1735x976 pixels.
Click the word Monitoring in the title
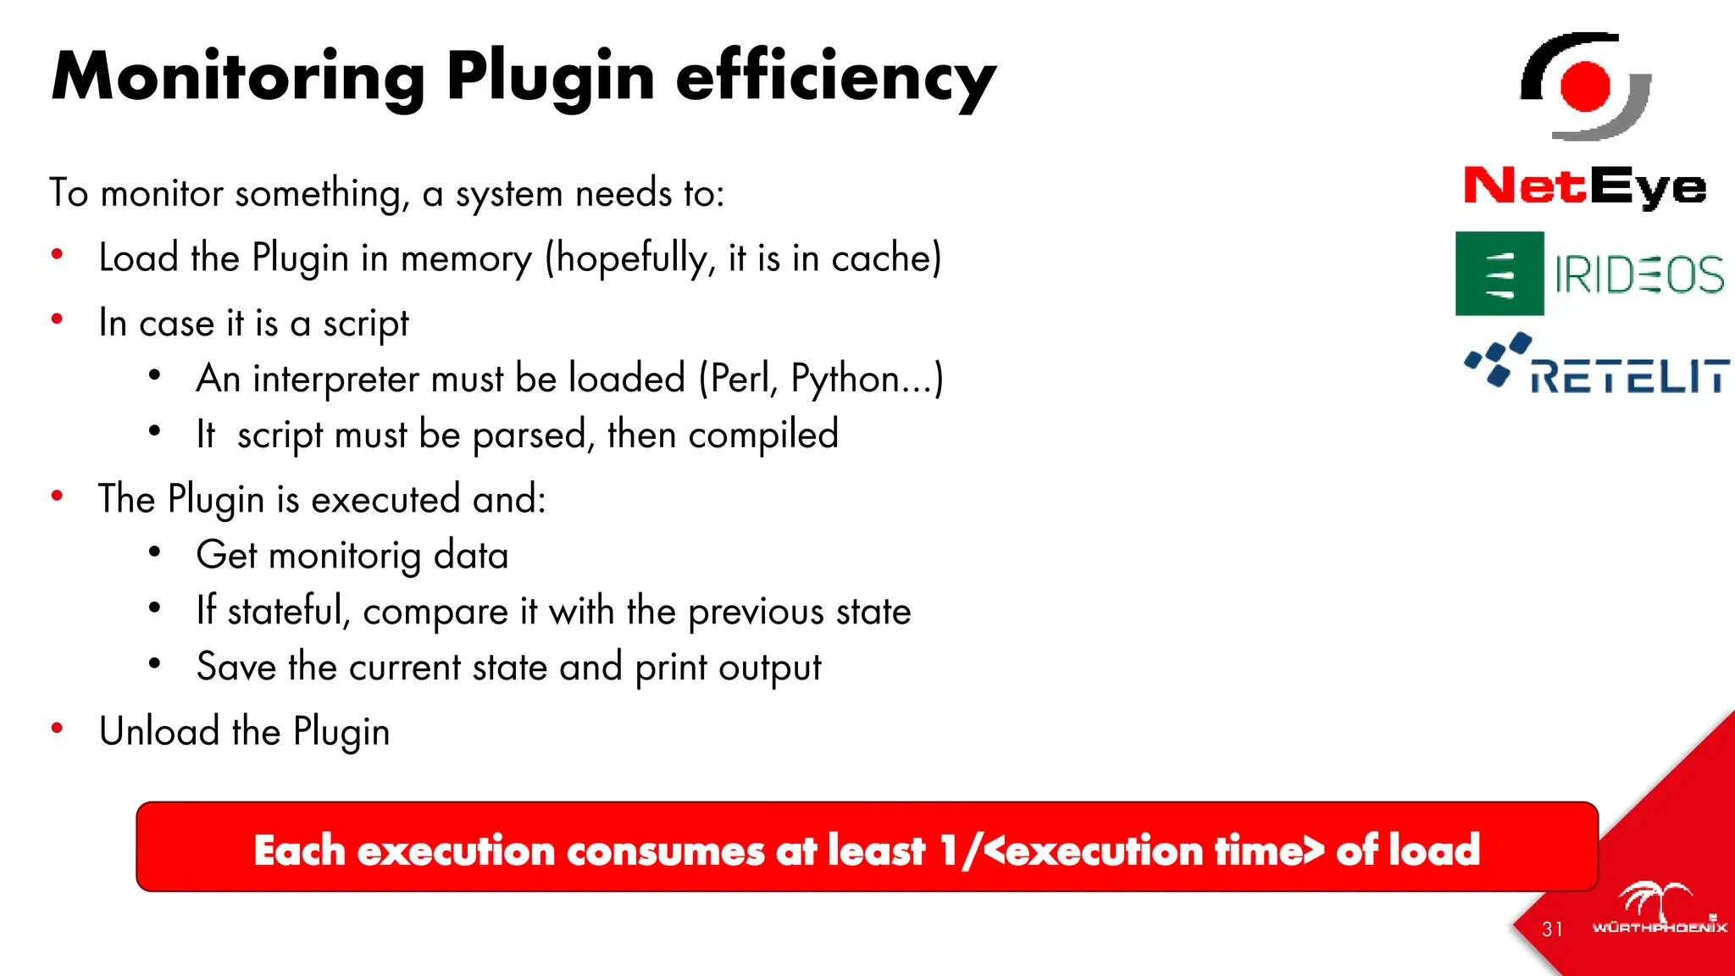(x=238, y=78)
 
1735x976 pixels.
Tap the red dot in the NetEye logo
(x=1585, y=86)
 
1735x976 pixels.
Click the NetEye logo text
(x=1585, y=186)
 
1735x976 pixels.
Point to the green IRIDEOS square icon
(x=1499, y=274)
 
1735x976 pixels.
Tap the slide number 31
(x=1552, y=929)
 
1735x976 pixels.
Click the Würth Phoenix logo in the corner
(x=1659, y=911)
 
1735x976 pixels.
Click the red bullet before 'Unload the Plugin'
(x=58, y=729)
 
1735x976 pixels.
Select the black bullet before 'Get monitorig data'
(x=154, y=552)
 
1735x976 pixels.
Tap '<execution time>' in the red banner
(x=1154, y=850)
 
